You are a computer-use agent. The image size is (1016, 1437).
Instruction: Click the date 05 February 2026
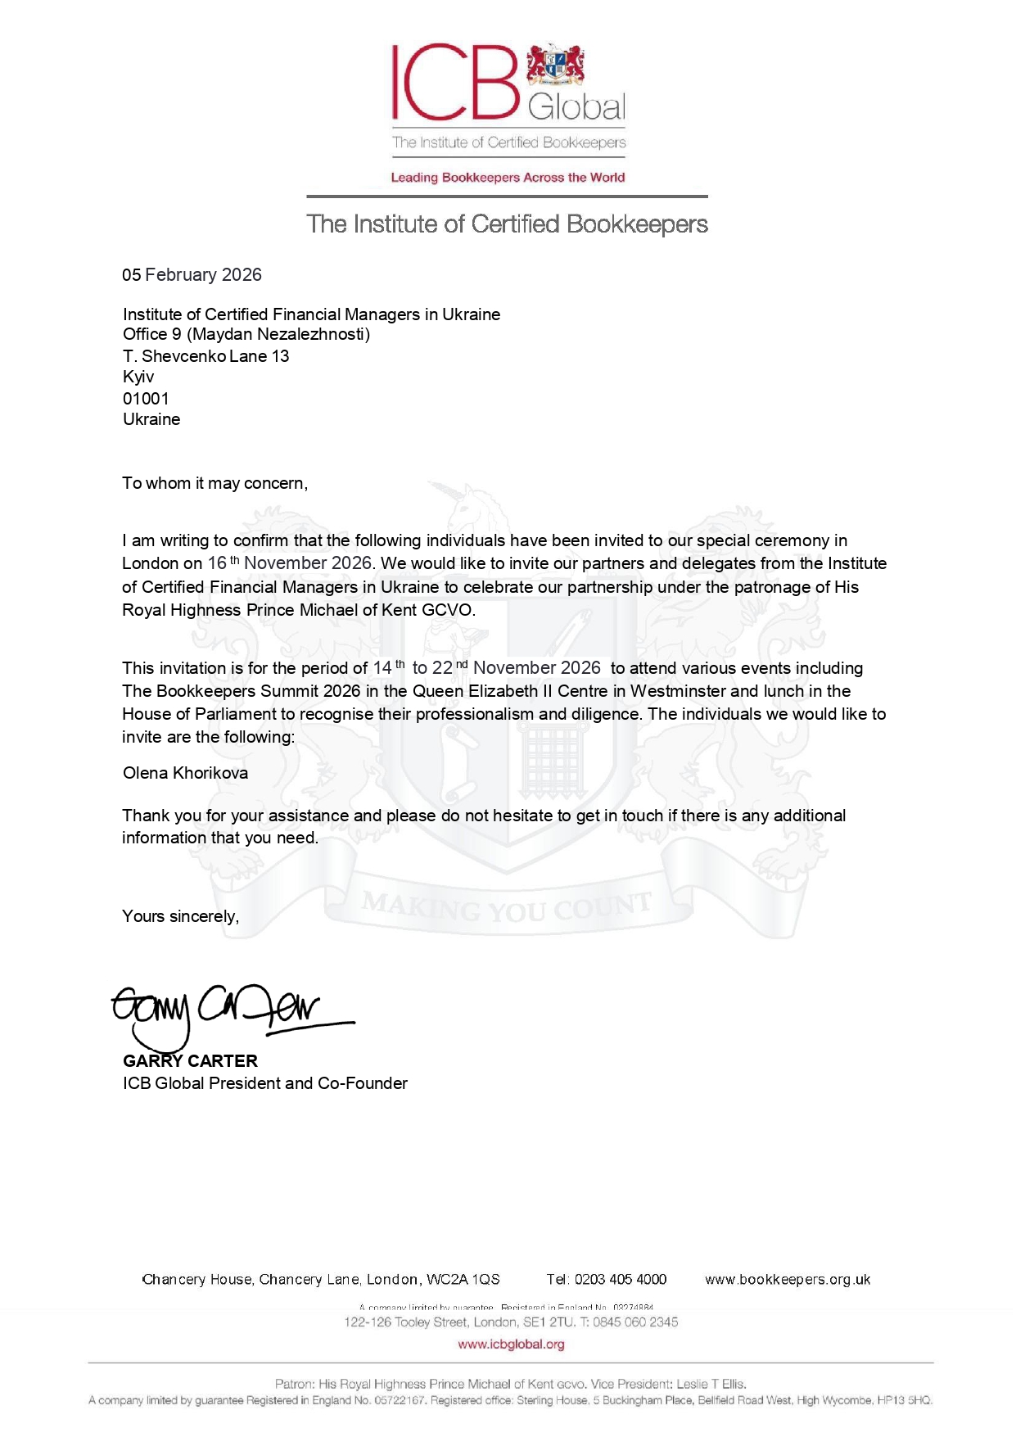(192, 275)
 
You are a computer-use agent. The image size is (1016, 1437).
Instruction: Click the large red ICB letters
(455, 82)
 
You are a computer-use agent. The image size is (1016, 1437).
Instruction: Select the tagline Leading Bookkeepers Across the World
(508, 178)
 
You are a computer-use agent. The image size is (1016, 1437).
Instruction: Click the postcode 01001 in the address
(146, 399)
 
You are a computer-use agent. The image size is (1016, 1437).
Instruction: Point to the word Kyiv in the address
(138, 377)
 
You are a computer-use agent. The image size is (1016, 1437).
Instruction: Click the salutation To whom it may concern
(214, 483)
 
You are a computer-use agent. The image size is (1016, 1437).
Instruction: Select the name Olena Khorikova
(185, 773)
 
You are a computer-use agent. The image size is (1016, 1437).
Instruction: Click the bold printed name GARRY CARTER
(190, 1061)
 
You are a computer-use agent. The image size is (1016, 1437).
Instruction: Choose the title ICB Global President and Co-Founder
(264, 1083)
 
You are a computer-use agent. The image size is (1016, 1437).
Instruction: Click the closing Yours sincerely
(180, 916)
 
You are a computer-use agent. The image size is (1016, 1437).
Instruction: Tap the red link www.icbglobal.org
(511, 1344)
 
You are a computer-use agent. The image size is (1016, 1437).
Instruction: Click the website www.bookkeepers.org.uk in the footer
(788, 1280)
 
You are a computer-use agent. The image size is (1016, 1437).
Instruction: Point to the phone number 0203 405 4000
(620, 1280)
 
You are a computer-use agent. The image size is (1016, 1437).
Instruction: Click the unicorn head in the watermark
(465, 508)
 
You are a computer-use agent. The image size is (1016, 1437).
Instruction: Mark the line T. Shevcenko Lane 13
(205, 356)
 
